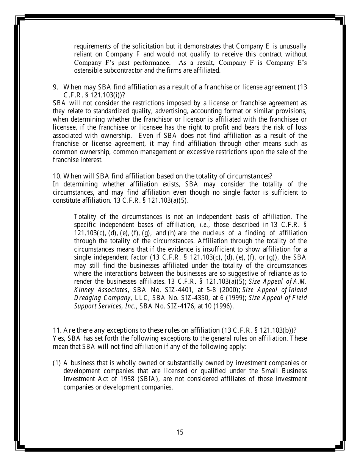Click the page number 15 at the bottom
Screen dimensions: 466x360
click(180, 432)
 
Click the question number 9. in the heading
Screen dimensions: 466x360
click(55, 87)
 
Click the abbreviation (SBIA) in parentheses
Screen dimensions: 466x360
click(142, 379)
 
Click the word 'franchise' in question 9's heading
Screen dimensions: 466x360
click(218, 87)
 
